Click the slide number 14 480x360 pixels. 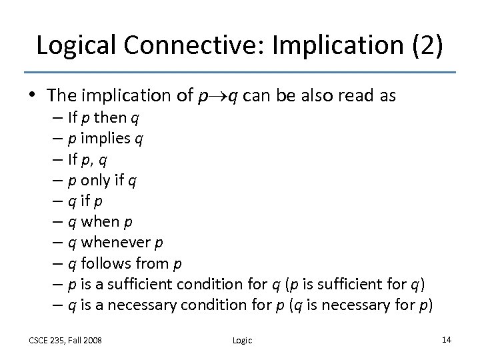tap(446, 340)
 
